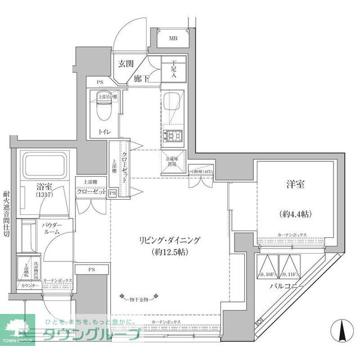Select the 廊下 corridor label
(x=142, y=79)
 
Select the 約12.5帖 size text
(x=169, y=253)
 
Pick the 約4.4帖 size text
(x=294, y=214)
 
